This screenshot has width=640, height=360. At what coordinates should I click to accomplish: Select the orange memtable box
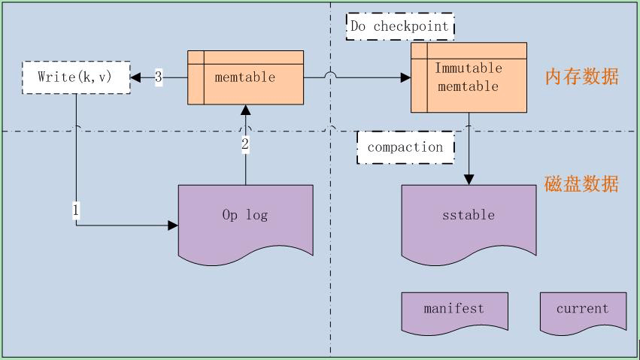(245, 77)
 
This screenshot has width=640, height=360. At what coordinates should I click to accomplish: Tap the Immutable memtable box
(467, 77)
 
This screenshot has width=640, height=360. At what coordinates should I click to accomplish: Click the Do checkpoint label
(400, 26)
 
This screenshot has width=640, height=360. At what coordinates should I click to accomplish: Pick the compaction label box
(405, 147)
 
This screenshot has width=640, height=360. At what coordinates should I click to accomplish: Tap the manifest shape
(453, 310)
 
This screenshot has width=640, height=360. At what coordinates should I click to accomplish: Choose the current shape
(583, 310)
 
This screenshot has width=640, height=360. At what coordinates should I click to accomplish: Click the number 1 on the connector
(76, 210)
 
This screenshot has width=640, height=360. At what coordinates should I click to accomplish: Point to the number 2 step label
(245, 144)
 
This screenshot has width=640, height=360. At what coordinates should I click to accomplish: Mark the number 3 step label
(159, 77)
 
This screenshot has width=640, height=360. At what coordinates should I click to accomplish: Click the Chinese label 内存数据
(581, 77)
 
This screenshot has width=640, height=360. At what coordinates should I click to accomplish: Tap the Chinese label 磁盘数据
(581, 184)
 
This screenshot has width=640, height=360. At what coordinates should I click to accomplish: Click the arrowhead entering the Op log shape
(174, 225)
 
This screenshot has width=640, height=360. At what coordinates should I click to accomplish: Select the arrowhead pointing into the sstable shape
(469, 180)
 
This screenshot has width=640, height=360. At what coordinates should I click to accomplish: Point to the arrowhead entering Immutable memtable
(405, 77)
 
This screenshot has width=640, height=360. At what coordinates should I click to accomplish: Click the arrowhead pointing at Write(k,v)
(136, 77)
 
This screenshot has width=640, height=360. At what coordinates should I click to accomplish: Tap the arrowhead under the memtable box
(245, 110)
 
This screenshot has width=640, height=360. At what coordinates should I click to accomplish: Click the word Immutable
(468, 68)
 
